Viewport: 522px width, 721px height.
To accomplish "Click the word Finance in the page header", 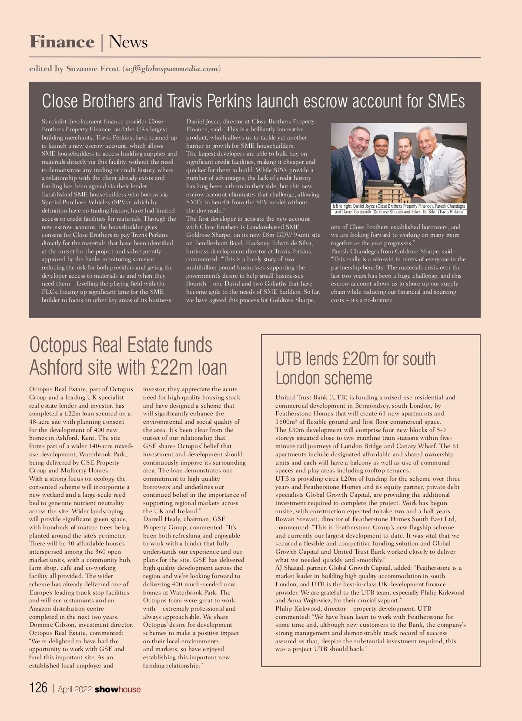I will [62, 42].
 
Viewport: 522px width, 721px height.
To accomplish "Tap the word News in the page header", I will [128, 42].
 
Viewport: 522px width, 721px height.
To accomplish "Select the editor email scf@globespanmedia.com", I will [171, 69].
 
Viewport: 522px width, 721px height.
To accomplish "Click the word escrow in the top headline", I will [326, 101].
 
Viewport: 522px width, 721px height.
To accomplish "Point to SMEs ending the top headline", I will [446, 101].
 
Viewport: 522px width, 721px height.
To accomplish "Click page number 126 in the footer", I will [38, 688].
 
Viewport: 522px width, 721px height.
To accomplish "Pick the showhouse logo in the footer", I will [117, 689].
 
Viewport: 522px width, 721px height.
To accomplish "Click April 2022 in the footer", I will [74, 689].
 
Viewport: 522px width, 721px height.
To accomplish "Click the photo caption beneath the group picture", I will [399, 209].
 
